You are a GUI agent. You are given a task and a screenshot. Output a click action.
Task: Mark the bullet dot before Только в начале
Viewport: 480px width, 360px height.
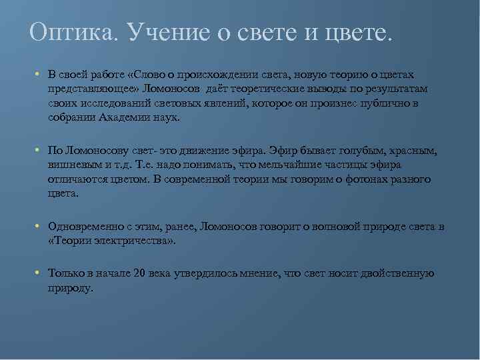pos(39,273)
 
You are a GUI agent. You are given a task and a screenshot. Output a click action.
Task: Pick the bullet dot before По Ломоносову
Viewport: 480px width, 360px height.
pos(39,151)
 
